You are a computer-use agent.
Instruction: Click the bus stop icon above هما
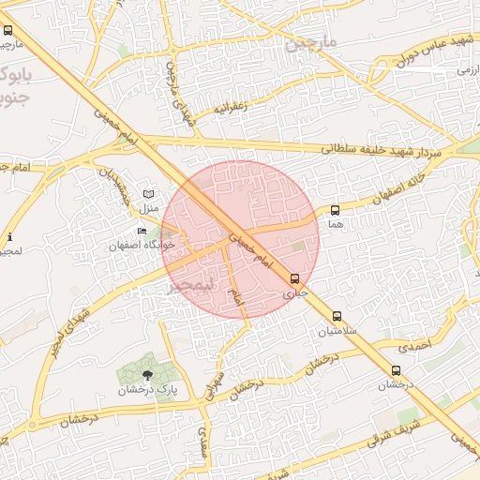click(x=336, y=210)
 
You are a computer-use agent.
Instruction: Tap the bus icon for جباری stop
click(x=295, y=278)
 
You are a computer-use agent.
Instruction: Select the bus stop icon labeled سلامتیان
click(x=337, y=316)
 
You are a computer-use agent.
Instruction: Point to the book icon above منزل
click(x=147, y=193)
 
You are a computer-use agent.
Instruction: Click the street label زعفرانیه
click(x=231, y=107)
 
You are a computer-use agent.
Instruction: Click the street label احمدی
click(x=412, y=347)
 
